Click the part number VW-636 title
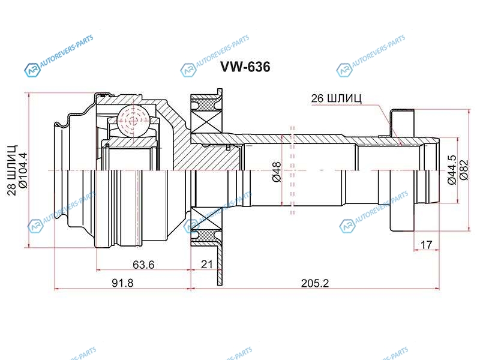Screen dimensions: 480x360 tap(246, 67)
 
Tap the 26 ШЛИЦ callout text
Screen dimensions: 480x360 tap(336, 98)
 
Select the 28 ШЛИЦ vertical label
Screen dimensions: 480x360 tap(12, 171)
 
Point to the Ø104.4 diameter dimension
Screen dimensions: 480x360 tap(23, 170)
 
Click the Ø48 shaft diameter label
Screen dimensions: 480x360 tap(277, 172)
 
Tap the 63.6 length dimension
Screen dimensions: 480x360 tap(143, 264)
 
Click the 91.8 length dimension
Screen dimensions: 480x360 tap(122, 283)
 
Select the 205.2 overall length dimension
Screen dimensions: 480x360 tap(315, 283)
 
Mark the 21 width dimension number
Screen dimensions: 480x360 tap(206, 264)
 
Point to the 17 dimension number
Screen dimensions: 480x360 tap(426, 245)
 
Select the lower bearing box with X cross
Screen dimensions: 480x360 tap(206, 218)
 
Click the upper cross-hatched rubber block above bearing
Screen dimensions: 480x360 tap(206, 104)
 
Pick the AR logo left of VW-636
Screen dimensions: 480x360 tap(188, 70)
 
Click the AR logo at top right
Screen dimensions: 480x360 tap(344, 70)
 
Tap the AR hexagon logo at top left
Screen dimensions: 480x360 tap(32, 70)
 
